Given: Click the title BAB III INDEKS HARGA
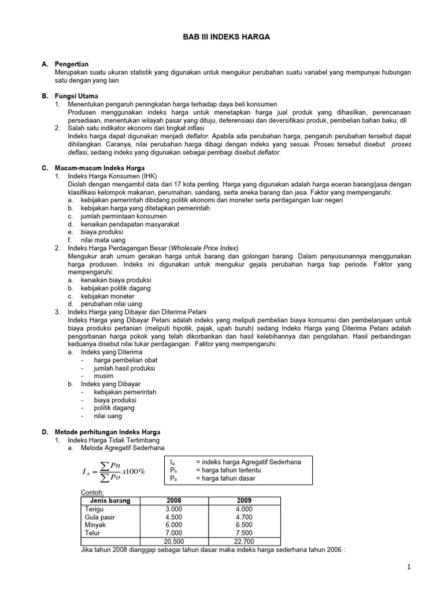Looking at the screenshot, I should coord(223,36).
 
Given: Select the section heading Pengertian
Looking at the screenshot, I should coord(72,64).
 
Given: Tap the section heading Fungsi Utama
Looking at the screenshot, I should coord(76,96).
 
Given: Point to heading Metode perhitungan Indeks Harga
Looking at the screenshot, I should coord(107,432).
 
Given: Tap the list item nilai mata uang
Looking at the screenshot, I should coord(103,240).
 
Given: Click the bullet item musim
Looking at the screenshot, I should coord(103,376).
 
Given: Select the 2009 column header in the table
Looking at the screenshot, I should coord(245,500).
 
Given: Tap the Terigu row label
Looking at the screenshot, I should coord(94,509).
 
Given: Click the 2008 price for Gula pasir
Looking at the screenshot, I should coord(174,517).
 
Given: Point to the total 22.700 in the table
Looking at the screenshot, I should coord(245,541).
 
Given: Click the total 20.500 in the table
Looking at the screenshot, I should coord(174,541).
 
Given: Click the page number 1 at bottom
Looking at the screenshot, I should coord(408,567).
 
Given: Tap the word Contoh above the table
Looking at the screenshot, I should coord(92,492).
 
